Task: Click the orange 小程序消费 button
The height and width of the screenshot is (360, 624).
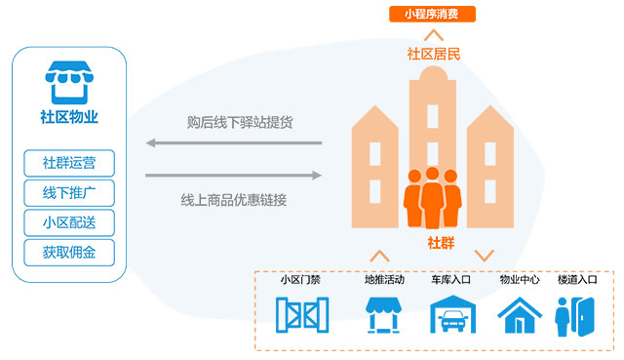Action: pos(432,14)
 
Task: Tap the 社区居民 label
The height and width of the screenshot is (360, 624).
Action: pos(433,54)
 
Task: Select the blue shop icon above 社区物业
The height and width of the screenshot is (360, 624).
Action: pos(69,82)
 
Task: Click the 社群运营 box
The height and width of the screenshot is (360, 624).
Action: pos(69,163)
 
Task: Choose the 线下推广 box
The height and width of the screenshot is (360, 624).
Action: pos(69,193)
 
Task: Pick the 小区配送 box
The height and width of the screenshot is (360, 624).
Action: pos(69,222)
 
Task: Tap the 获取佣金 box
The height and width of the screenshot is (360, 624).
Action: pos(69,253)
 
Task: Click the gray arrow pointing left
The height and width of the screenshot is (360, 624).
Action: pos(234,142)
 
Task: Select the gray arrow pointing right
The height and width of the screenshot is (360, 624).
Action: pos(234,175)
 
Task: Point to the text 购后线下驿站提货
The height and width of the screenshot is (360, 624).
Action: pos(240,122)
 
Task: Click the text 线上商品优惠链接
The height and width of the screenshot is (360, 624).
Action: pos(234,200)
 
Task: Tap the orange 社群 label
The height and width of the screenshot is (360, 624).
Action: pos(441,243)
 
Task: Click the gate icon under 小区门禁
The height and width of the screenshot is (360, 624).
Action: pos(302,314)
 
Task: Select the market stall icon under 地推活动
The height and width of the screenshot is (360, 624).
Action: pos(383,314)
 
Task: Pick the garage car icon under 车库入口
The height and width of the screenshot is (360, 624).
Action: pos(452,314)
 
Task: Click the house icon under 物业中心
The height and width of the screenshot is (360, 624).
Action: pos(520,315)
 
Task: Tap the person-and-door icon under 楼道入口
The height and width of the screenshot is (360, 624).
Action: pos(575,316)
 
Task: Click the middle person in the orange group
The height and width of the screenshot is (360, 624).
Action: pos(433,198)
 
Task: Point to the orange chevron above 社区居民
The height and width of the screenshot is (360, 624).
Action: pos(434,35)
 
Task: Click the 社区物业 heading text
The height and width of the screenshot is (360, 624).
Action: pos(69,117)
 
